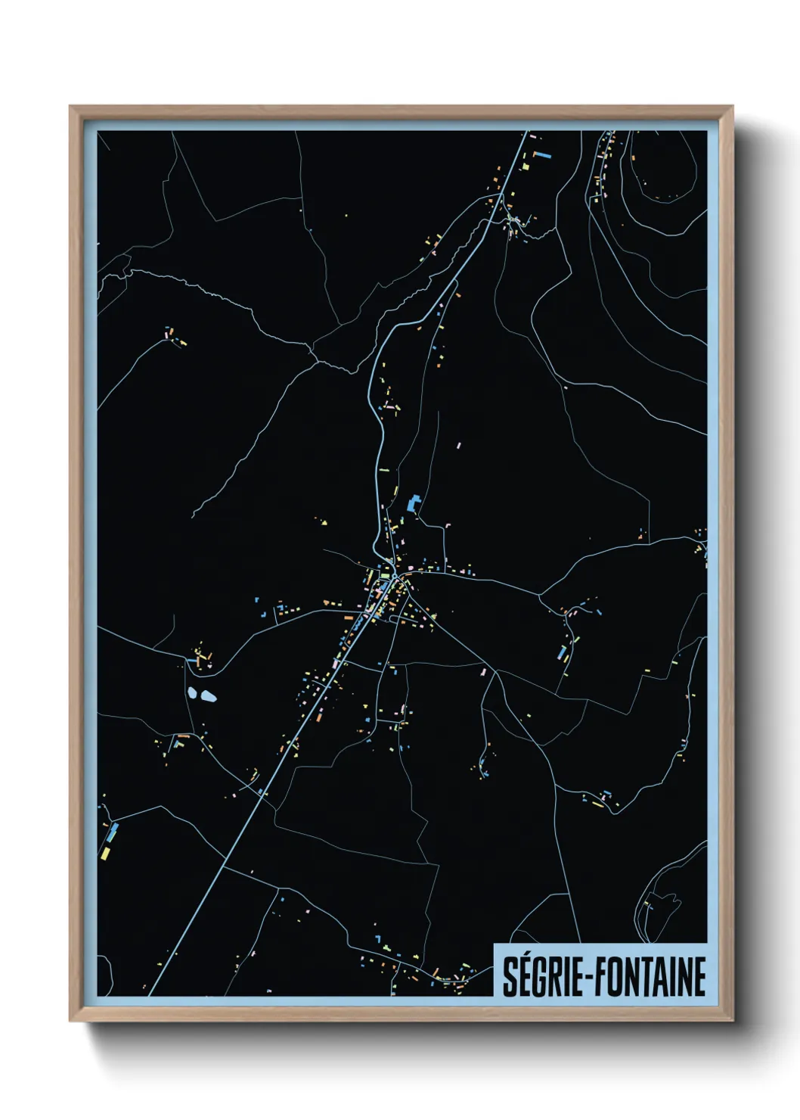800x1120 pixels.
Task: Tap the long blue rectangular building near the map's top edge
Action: (542, 155)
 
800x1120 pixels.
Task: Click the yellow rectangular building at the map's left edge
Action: (104, 853)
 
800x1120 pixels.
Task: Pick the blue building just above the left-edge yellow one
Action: (113, 833)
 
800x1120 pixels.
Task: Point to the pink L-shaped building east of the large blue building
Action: (446, 523)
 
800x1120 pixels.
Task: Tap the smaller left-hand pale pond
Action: (191, 692)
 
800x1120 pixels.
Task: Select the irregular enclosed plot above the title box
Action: (663, 907)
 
